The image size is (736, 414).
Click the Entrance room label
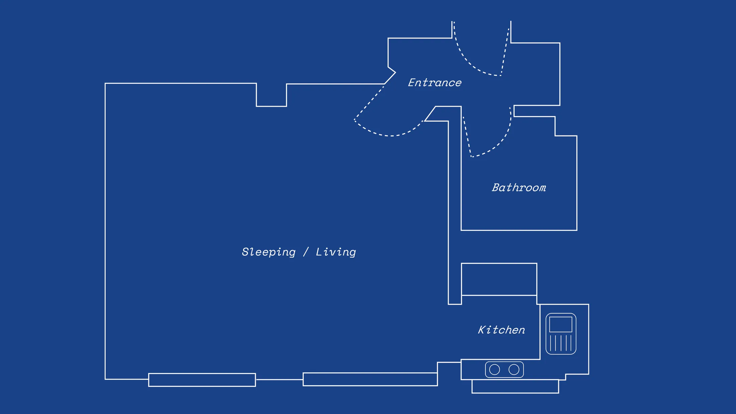[x=435, y=83]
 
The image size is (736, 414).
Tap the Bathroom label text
[x=519, y=188]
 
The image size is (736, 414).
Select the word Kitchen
[x=501, y=330]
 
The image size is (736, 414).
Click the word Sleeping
[x=269, y=252]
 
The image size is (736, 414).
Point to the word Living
[x=336, y=252]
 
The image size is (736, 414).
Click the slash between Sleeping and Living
[x=306, y=252]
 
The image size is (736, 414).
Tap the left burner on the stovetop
[x=494, y=370]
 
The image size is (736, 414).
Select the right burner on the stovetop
[x=514, y=370]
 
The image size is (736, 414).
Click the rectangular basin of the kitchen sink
[x=561, y=324]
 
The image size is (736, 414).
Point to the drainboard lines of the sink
[x=561, y=343]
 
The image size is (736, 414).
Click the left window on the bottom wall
[x=202, y=380]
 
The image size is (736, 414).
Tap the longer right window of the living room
[x=370, y=379]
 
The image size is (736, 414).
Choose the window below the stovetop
[x=515, y=387]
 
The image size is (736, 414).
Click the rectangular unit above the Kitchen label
[x=499, y=279]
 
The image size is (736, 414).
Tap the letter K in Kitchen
[x=482, y=330]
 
